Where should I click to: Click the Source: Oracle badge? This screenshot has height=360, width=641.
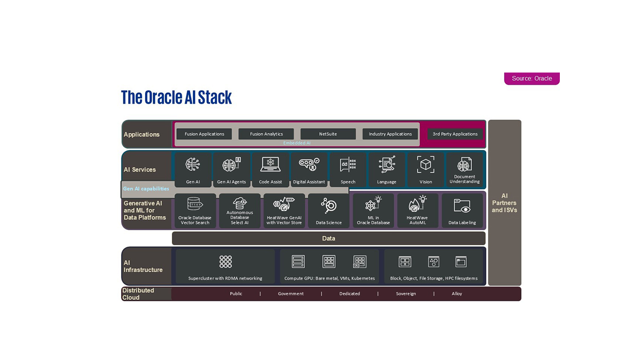(x=532, y=79)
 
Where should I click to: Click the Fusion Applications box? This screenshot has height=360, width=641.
(x=204, y=134)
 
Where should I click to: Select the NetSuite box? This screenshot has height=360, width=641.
(x=328, y=134)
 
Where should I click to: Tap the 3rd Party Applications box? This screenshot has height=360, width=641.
(x=455, y=134)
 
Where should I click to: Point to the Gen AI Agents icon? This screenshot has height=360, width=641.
(x=231, y=165)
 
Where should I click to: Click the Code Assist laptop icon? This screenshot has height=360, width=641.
(x=270, y=164)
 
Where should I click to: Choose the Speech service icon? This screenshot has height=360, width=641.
(x=348, y=165)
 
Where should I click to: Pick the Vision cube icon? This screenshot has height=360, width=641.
(x=425, y=164)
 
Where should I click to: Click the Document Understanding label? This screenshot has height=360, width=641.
(x=464, y=179)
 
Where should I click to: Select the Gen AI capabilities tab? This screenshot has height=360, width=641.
(x=146, y=189)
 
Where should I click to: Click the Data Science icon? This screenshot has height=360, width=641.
(x=328, y=205)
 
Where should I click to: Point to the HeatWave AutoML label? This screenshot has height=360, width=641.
(x=417, y=220)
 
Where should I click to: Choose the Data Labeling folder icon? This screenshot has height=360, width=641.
(x=462, y=205)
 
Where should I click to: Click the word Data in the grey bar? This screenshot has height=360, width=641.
(x=328, y=239)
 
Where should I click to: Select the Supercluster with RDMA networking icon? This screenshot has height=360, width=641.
(x=225, y=262)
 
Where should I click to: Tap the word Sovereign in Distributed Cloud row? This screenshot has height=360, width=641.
(x=406, y=294)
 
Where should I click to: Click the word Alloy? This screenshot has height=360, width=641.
(x=457, y=294)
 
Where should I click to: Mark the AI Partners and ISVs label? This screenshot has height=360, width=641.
(x=504, y=203)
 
